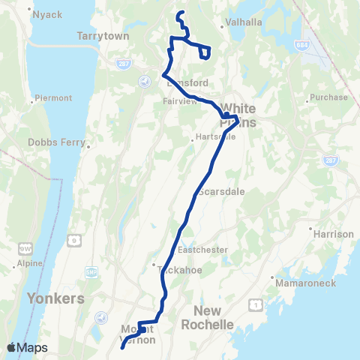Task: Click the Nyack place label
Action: pyautogui.click(x=46, y=14)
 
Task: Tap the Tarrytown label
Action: pyautogui.click(x=103, y=35)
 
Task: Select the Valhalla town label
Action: pyautogui.click(x=245, y=22)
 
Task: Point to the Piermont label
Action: pyautogui.click(x=52, y=98)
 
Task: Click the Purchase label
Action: pyautogui.click(x=332, y=97)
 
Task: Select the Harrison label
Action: pyautogui.click(x=334, y=234)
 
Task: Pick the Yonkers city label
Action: pyautogui.click(x=55, y=298)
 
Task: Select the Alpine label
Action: pyautogui.click(x=31, y=265)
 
